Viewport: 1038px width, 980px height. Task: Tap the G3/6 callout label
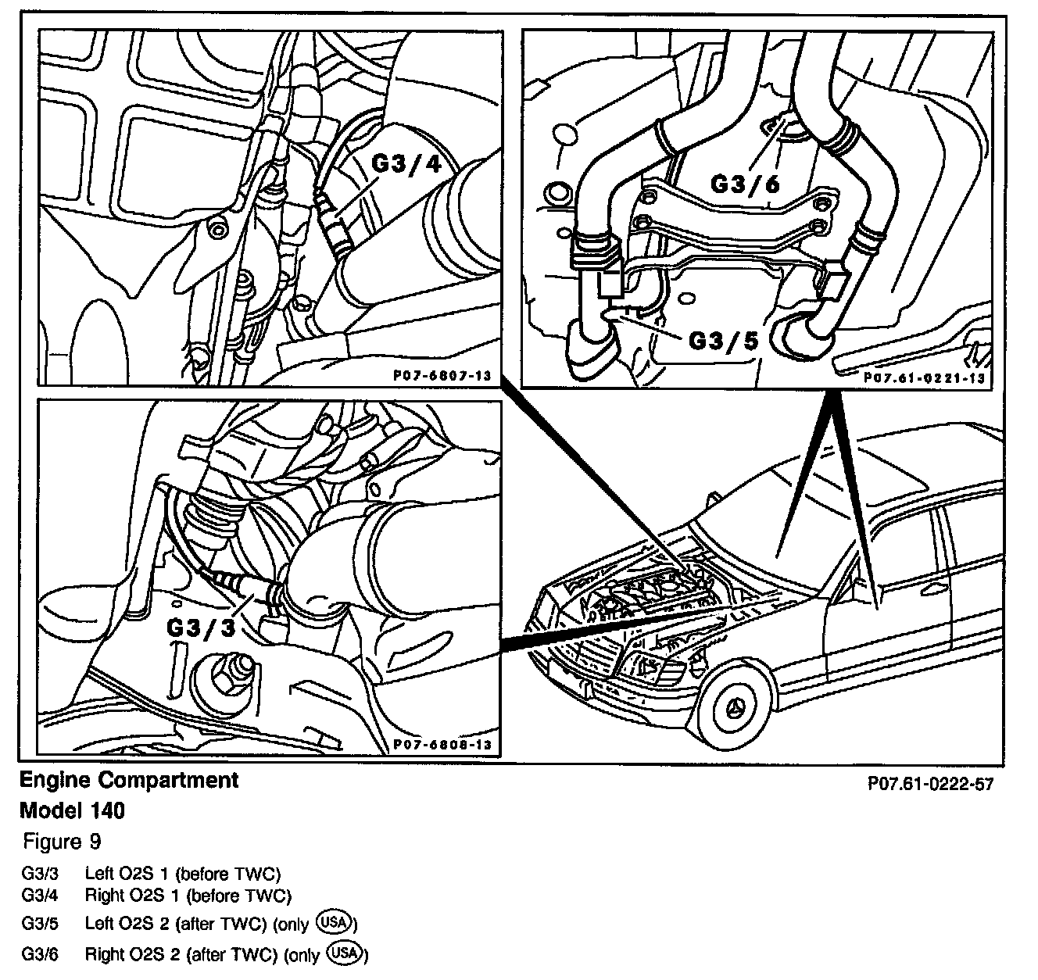[x=745, y=183]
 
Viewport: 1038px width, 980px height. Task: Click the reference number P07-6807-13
[x=442, y=376]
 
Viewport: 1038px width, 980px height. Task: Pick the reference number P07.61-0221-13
[x=924, y=377]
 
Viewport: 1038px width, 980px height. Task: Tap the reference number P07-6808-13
[x=442, y=745]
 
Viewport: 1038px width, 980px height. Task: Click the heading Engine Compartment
[x=129, y=780]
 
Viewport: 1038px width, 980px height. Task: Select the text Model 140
[x=72, y=810]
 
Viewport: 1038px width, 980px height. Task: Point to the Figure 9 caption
[x=63, y=842]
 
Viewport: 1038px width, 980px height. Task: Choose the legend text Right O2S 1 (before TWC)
[x=188, y=895]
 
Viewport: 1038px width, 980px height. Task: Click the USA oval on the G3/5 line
[x=335, y=923]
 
